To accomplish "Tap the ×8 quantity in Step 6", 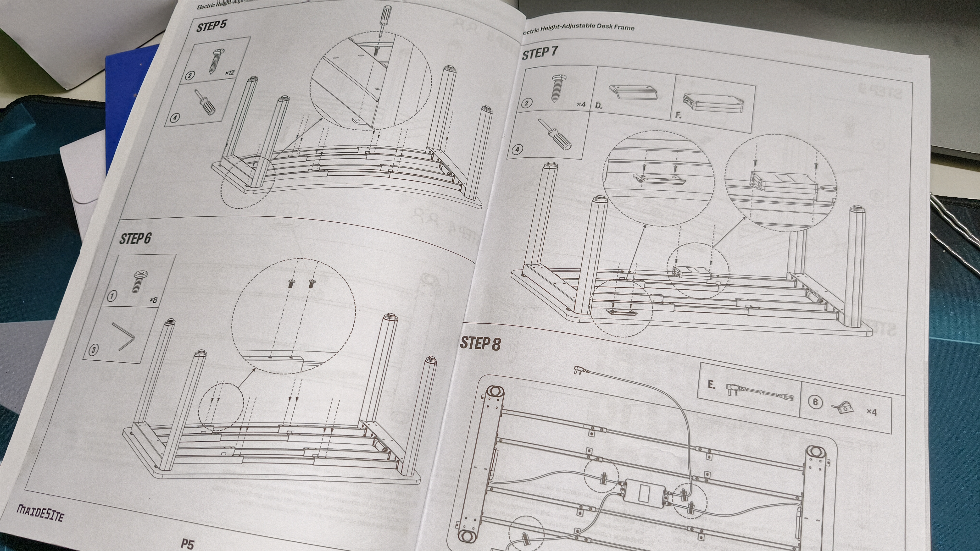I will [153, 300].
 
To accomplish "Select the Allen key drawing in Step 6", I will [124, 336].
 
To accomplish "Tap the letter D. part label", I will [598, 106].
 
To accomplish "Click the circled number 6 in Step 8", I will [815, 402].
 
